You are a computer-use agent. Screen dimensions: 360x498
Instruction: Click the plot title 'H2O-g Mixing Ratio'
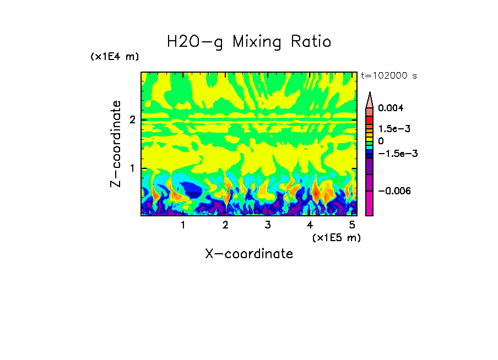point(249,42)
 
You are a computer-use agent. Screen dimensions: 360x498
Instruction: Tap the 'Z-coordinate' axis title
point(116,144)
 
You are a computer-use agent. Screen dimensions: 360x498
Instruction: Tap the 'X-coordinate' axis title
point(249,254)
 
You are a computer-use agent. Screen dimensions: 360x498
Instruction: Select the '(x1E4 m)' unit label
point(115,57)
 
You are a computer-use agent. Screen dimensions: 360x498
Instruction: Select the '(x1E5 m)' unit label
point(336,237)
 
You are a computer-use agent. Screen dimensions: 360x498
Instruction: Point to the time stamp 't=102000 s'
point(389,76)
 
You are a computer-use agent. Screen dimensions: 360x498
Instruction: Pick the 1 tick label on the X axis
point(183,225)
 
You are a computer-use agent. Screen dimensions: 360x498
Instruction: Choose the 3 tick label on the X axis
point(267,225)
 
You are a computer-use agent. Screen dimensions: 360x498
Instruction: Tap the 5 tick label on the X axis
point(351,225)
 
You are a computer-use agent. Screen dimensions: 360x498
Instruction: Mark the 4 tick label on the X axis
point(310,225)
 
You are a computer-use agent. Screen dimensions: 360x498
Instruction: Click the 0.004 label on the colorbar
point(391,108)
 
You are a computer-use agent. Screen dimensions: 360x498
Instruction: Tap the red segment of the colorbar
point(370,119)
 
